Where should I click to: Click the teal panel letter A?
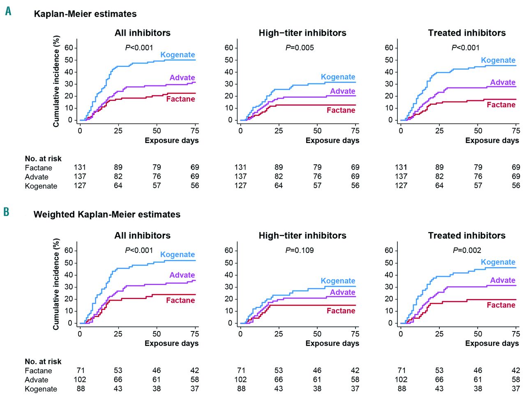(x=8, y=11)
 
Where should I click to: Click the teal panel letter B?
(x=6, y=212)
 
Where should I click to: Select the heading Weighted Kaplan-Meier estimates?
(x=107, y=214)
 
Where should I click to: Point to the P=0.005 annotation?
(x=300, y=48)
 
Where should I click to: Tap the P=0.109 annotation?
(x=300, y=250)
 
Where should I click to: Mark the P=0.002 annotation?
(x=467, y=250)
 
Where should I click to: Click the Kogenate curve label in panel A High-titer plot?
(x=338, y=77)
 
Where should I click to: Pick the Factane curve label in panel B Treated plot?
(x=501, y=305)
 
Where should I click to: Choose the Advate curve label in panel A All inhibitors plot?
(x=182, y=78)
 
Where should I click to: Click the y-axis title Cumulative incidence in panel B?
(x=56, y=284)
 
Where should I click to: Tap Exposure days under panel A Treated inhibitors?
(x=492, y=140)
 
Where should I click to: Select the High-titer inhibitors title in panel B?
(x=302, y=235)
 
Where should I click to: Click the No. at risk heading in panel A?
(x=43, y=159)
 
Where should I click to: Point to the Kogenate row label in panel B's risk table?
(x=41, y=389)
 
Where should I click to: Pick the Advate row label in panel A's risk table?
(x=37, y=177)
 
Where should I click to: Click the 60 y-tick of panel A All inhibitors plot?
(x=69, y=48)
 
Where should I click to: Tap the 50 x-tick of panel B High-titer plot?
(x=317, y=334)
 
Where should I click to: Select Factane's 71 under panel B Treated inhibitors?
(x=401, y=370)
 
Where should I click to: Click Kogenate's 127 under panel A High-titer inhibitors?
(x=240, y=186)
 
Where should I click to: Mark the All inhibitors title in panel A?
(x=142, y=33)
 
